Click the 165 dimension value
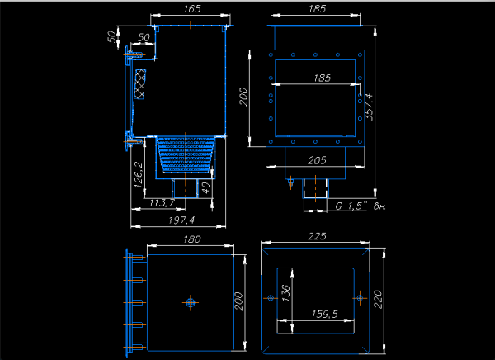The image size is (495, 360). (192, 8)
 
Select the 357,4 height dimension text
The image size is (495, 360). (369, 107)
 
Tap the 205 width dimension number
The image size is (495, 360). (317, 160)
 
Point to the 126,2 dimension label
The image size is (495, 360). (139, 175)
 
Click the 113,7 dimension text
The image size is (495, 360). (162, 202)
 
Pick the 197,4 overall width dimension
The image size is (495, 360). (181, 220)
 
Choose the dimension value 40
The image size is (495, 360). (205, 187)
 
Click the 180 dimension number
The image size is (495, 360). (192, 239)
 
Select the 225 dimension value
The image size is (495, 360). (317, 236)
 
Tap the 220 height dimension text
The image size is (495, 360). (378, 300)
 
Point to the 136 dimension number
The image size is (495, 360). (285, 292)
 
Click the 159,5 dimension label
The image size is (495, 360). (324, 314)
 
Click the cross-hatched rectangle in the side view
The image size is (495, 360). (140, 84)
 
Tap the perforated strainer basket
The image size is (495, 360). (186, 155)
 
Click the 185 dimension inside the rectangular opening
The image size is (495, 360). (322, 78)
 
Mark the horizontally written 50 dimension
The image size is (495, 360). (144, 38)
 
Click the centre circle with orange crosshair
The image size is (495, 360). (191, 303)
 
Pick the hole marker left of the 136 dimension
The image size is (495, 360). (271, 298)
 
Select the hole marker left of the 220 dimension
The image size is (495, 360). (360, 298)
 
